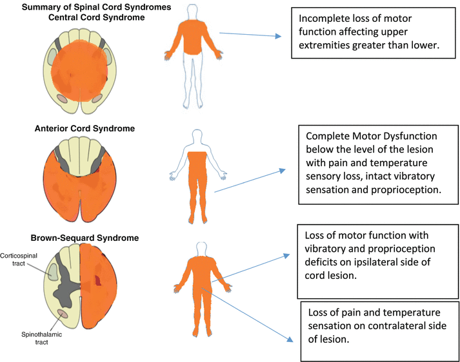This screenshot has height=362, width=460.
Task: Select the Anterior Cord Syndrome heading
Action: [85, 128]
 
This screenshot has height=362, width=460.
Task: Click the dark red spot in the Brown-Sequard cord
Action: [97, 280]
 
